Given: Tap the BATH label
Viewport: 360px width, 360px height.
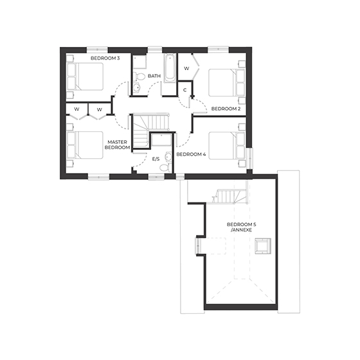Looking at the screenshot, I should [x=154, y=76].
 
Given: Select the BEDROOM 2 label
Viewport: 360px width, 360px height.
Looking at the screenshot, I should [x=226, y=109].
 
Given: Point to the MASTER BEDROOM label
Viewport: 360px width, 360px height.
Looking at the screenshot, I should [x=118, y=145].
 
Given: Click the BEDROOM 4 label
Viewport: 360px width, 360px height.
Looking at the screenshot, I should [x=191, y=154].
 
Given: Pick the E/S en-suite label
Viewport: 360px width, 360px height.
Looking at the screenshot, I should [x=156, y=158].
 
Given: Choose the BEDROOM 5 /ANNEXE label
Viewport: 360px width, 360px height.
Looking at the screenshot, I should [x=241, y=228].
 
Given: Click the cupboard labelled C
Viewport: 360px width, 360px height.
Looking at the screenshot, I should [x=185, y=90].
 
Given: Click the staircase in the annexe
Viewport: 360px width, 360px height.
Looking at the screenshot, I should [x=232, y=194].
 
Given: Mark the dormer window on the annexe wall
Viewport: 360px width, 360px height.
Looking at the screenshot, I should [x=198, y=245].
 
